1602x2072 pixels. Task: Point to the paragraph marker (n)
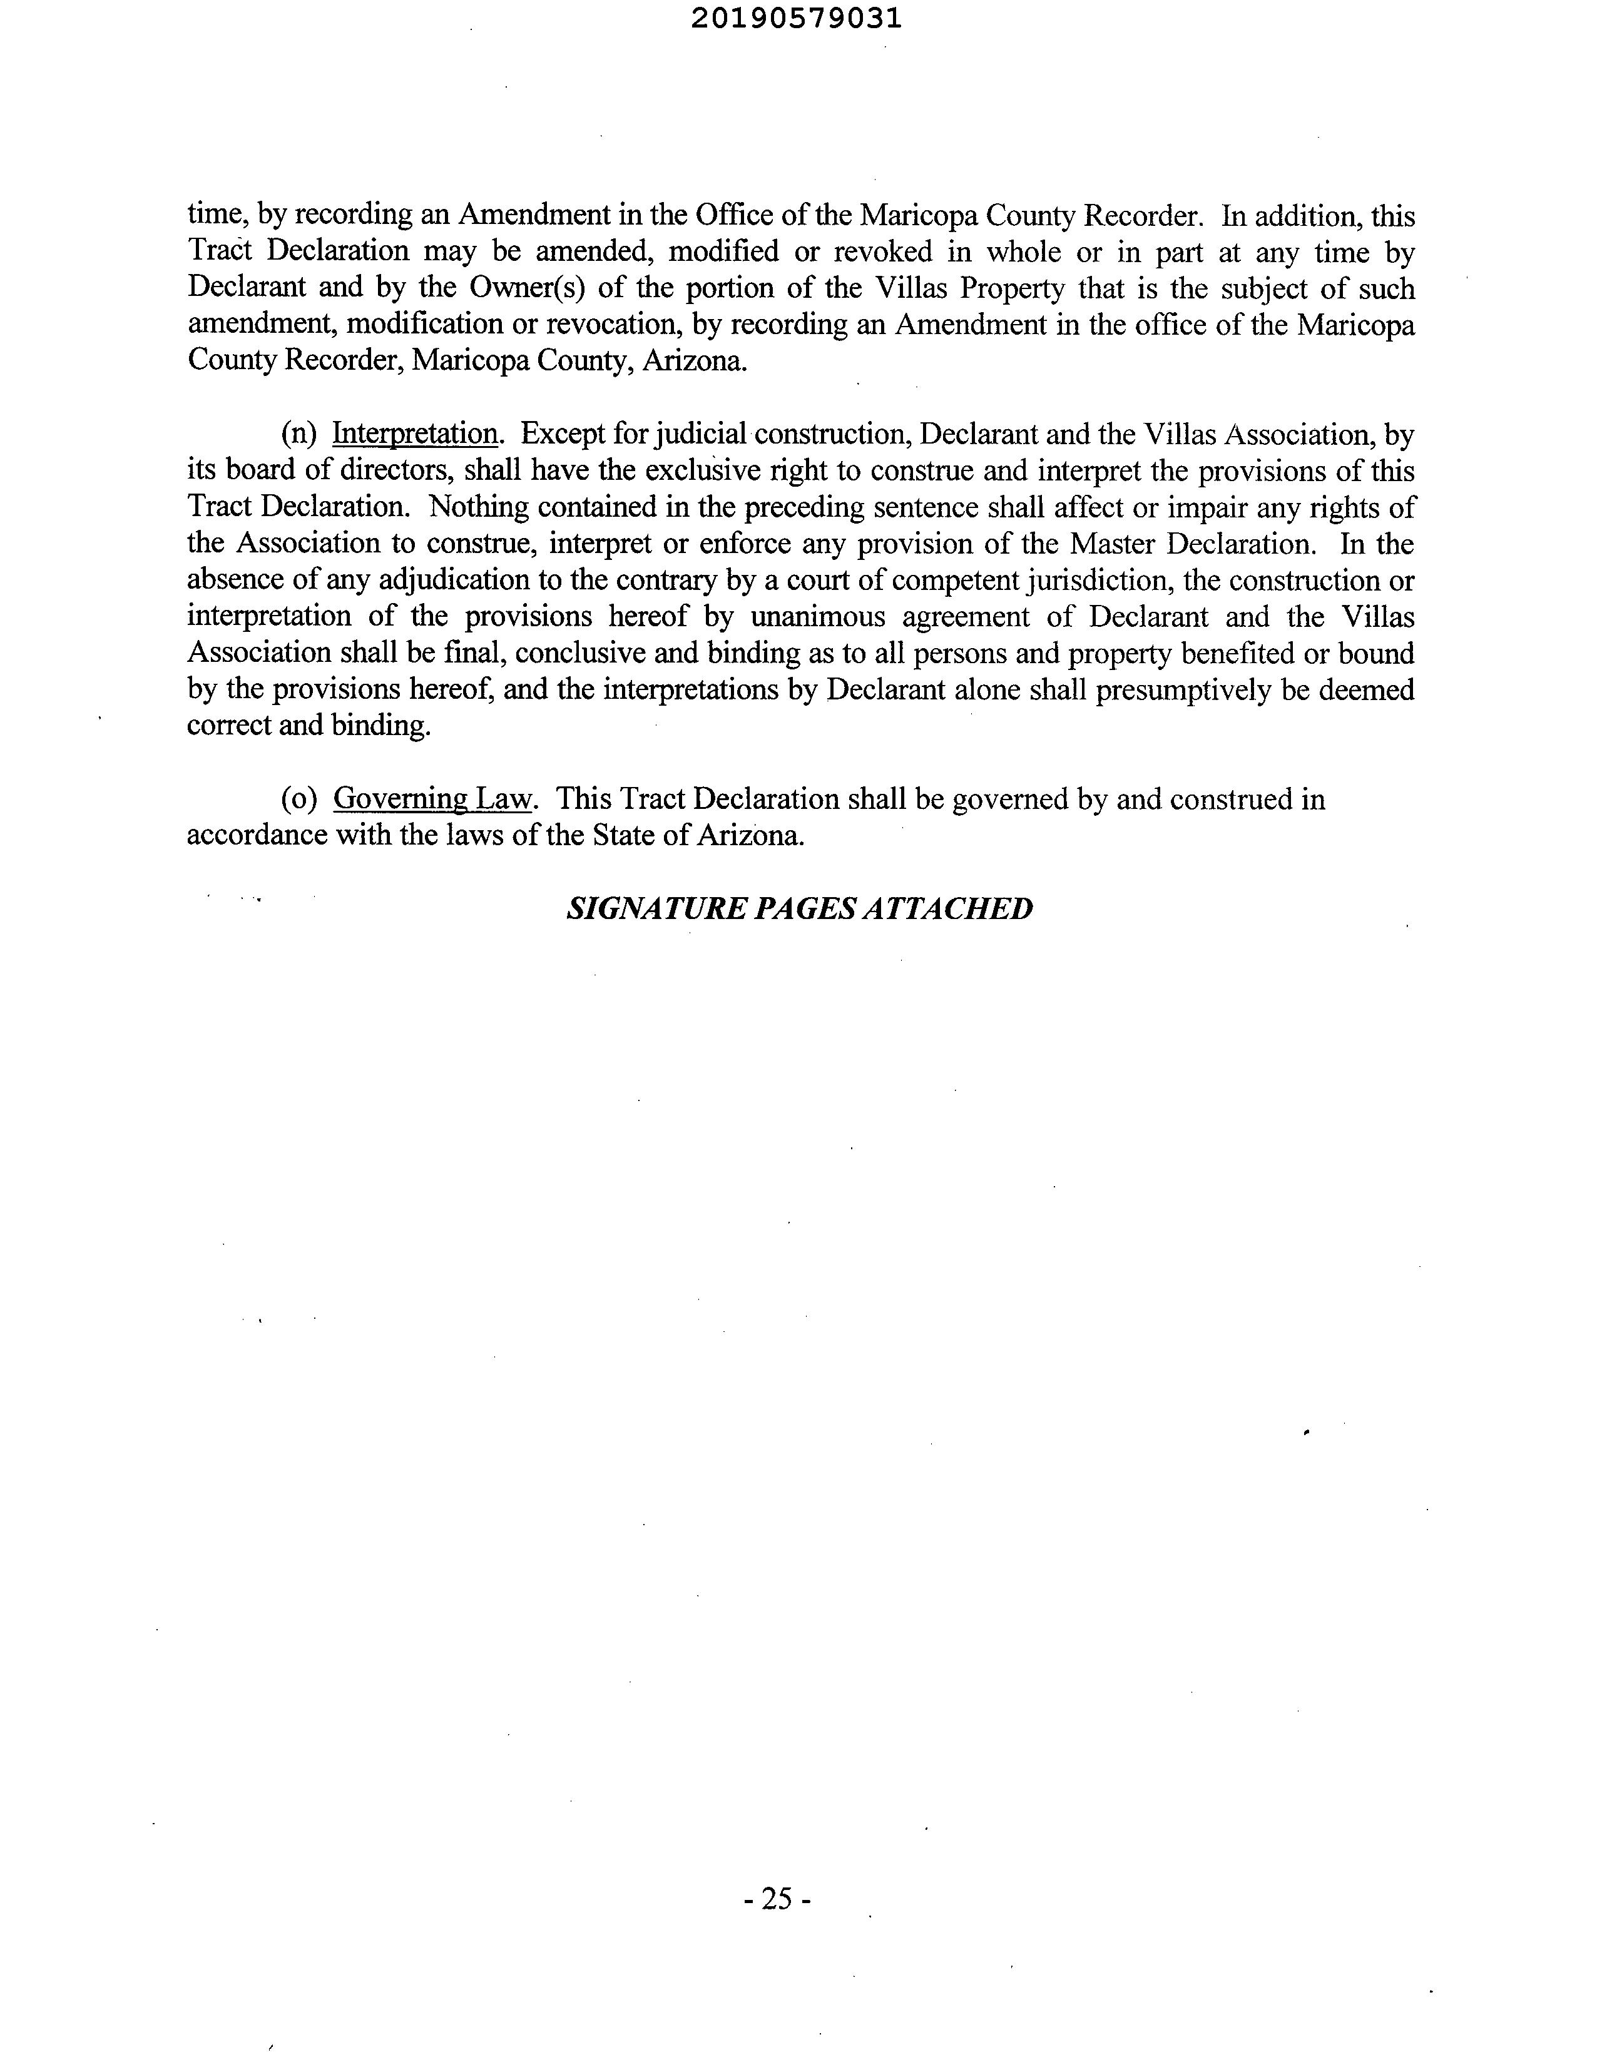pyautogui.click(x=298, y=435)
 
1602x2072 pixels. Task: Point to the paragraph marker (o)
pyautogui.click(x=298, y=799)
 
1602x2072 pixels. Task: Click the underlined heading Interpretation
pyautogui.click(x=415, y=435)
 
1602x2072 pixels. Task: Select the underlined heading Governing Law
pyautogui.click(x=434, y=799)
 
